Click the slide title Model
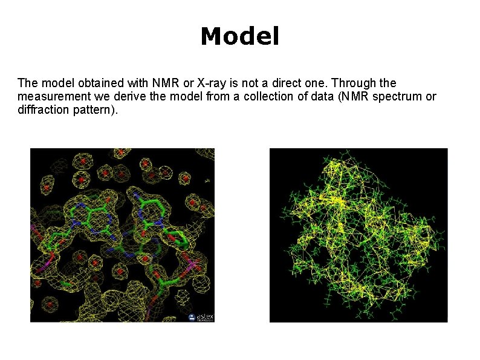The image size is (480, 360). [240, 37]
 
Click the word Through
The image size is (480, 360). [355, 82]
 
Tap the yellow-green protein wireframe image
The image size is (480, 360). [358, 235]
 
